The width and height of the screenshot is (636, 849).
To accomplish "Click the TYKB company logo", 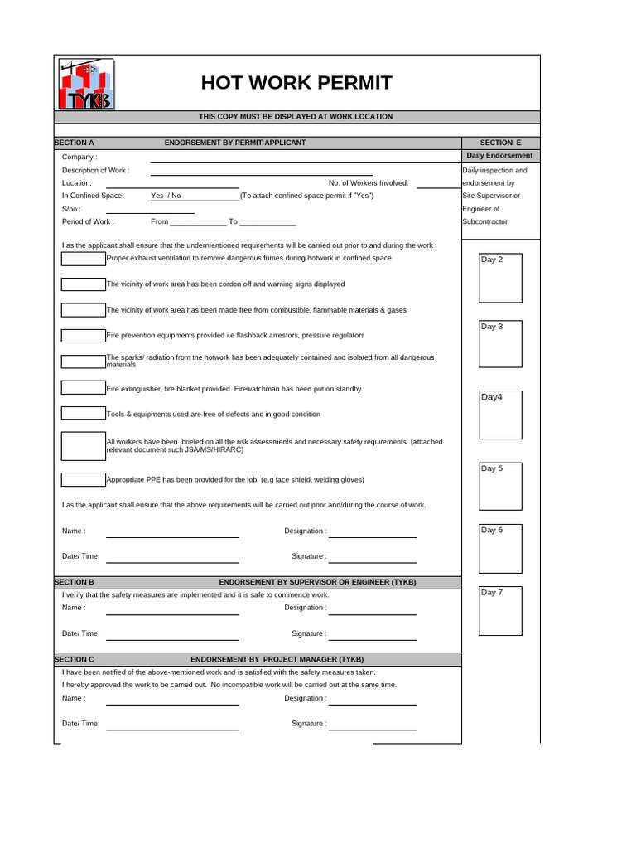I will [x=86, y=85].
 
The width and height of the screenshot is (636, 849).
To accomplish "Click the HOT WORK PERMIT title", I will [x=296, y=83].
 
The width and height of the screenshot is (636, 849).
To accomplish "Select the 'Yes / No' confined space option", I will [x=166, y=196].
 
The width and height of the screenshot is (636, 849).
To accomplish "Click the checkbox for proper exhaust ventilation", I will [x=83, y=259].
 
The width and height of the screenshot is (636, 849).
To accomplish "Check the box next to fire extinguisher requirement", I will [x=83, y=388].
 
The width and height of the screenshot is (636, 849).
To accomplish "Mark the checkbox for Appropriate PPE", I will [x=83, y=479].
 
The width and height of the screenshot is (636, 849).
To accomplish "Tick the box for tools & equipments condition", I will [x=83, y=413].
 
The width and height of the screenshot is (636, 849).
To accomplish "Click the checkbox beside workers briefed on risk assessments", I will [x=83, y=446].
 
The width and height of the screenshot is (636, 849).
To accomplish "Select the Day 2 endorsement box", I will [x=501, y=278].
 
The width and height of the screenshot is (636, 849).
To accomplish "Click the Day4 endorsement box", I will [x=501, y=415].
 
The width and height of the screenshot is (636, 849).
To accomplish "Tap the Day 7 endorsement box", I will [x=501, y=609].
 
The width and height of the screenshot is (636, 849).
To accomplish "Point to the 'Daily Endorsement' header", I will [x=499, y=156].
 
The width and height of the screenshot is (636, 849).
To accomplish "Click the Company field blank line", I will [x=302, y=158].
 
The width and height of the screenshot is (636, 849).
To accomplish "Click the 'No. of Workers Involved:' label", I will [x=369, y=183].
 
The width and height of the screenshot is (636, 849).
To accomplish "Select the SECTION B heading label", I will [x=75, y=582].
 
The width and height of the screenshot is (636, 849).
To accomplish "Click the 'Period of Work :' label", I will [x=88, y=221].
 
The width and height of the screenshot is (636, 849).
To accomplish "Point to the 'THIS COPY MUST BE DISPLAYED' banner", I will [x=296, y=117].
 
